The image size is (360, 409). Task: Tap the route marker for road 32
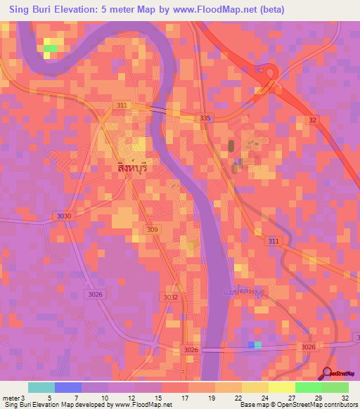(x=312, y=120)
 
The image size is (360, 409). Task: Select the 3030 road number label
(x=64, y=216)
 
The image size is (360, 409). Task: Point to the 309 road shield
(x=152, y=230)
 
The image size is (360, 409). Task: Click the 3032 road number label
(x=170, y=297)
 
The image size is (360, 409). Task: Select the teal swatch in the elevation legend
(x=41, y=387)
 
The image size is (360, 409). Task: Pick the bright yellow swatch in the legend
(x=282, y=387)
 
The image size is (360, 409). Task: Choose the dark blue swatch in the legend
(x=68, y=387)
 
